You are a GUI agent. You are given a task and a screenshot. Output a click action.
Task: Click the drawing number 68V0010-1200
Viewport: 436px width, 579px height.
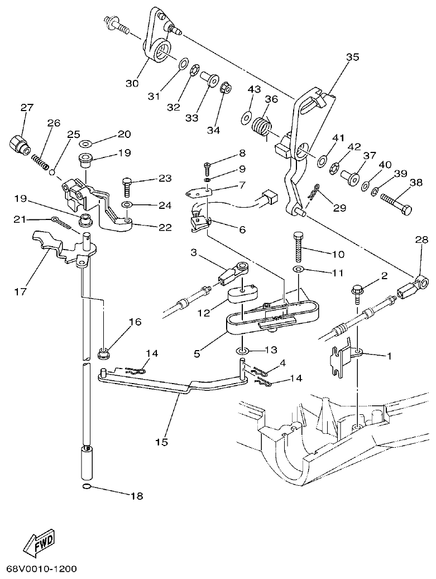[x=41, y=569]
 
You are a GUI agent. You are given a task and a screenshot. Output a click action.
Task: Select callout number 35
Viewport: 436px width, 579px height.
[x=352, y=57]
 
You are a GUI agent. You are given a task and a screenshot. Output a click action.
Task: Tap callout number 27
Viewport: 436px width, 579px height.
[x=27, y=107]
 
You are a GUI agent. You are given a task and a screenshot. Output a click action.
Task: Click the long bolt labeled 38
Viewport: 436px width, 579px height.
[x=395, y=205]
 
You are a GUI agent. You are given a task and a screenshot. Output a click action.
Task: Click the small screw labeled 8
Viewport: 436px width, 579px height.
[x=207, y=165]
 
